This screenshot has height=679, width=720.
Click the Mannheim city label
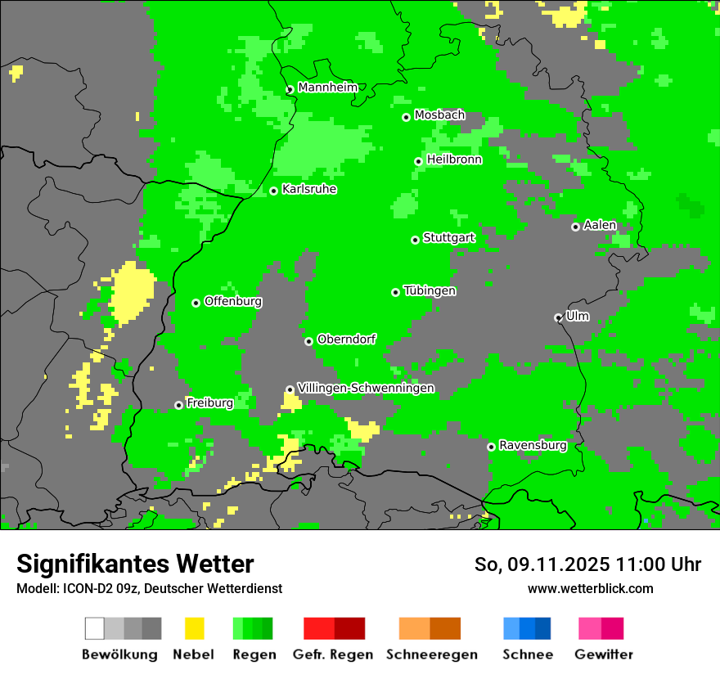tap(327, 87)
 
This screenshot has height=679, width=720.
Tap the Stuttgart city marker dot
tap(416, 240)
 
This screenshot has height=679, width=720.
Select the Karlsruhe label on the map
tap(308, 189)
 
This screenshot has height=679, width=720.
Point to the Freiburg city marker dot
tap(179, 405)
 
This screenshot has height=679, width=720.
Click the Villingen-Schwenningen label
tap(366, 388)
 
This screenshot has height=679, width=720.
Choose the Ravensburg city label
tap(533, 445)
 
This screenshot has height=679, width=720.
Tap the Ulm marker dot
tap(559, 317)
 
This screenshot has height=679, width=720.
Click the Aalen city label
tap(600, 225)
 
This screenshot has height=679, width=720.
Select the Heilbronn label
tap(454, 160)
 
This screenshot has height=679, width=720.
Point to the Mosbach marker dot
tap(407, 117)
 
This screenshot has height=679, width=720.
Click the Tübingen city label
tap(430, 290)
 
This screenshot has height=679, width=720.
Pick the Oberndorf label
tap(346, 339)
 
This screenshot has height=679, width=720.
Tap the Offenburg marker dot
tap(196, 303)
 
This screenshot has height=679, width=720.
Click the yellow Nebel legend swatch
tap(194, 628)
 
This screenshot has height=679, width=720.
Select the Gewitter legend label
tap(603, 654)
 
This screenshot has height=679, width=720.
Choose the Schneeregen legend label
tap(431, 654)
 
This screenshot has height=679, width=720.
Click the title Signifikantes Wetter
tap(135, 564)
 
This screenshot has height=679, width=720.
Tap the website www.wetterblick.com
tap(590, 588)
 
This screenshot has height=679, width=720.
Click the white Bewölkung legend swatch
tap(95, 628)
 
